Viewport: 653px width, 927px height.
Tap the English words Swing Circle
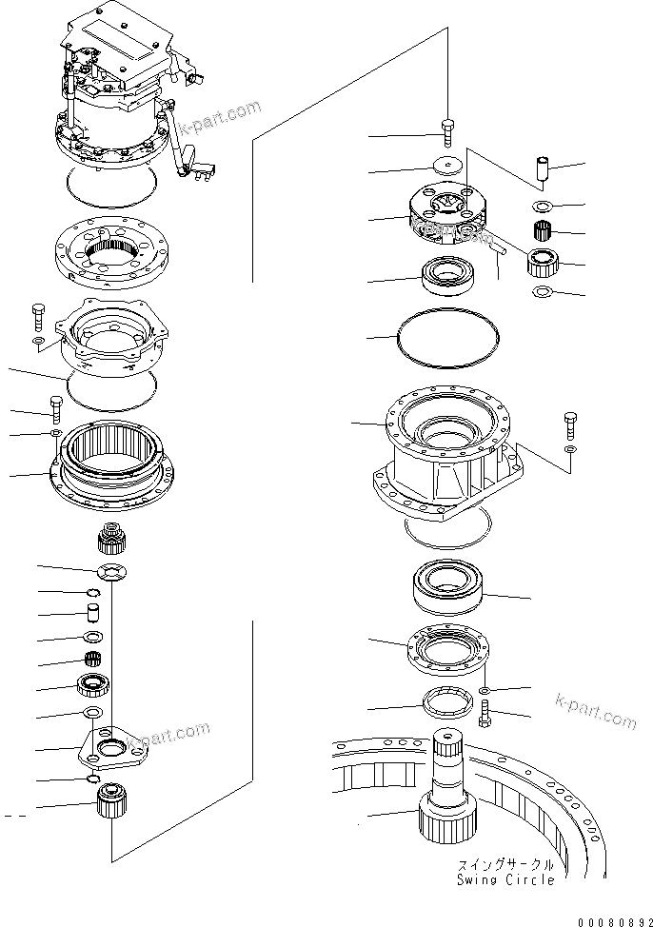(x=513, y=879)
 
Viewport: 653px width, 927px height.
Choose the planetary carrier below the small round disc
(x=446, y=216)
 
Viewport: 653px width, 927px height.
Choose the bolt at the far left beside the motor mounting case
(x=37, y=314)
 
